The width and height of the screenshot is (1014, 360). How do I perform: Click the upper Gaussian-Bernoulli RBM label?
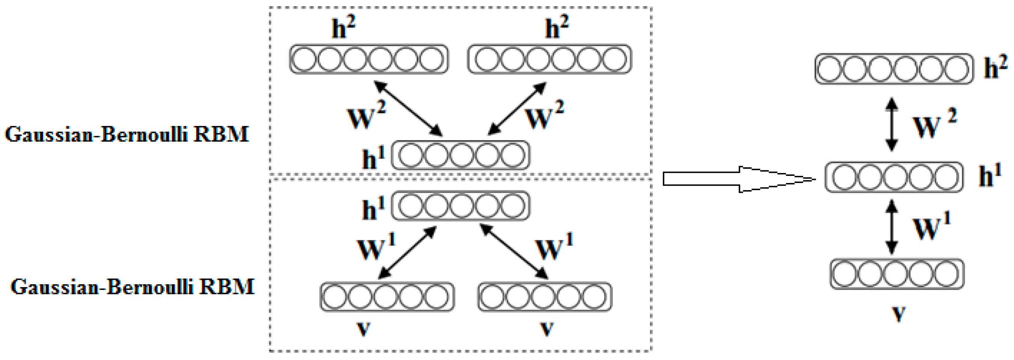(127, 135)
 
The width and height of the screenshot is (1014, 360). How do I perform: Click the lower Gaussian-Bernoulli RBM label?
(132, 287)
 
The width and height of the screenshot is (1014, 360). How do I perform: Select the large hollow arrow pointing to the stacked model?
(740, 179)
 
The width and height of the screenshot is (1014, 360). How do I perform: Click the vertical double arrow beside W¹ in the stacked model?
(892, 226)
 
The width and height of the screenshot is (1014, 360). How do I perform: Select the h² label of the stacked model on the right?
(995, 67)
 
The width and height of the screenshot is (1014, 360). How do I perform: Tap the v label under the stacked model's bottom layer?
(899, 313)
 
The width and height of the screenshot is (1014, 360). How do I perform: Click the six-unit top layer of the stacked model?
(894, 69)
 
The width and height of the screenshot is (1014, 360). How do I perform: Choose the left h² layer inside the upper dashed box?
(369, 59)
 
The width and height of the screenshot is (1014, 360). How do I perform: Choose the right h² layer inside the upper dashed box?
(549, 59)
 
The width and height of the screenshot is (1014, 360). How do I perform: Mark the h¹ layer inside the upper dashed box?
(460, 155)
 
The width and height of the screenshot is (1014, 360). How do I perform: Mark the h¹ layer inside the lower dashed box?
(460, 206)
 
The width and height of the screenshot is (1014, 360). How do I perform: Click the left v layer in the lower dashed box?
(387, 297)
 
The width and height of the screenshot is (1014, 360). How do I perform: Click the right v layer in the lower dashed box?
(545, 297)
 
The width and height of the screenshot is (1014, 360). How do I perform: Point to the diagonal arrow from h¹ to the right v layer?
(514, 251)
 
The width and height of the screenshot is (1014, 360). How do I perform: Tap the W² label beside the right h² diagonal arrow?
(545, 115)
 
